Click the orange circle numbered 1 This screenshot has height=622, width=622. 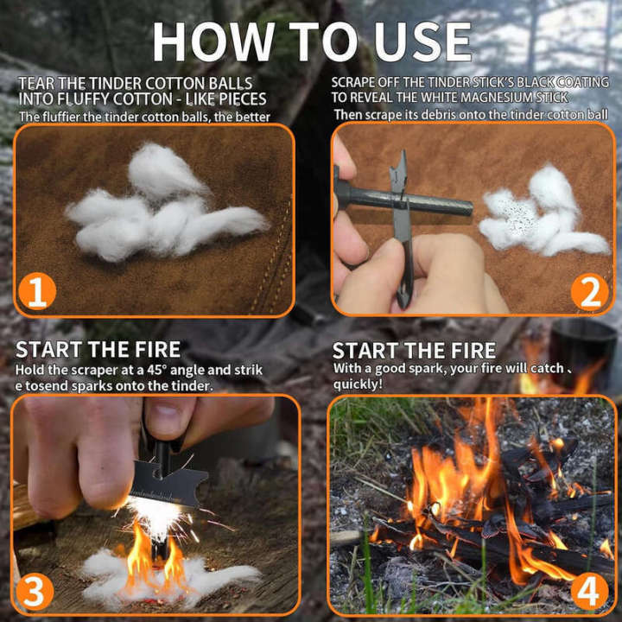(36, 292)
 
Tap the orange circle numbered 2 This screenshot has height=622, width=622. (589, 292)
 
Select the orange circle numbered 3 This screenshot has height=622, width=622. (33, 591)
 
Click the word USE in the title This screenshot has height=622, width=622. (423, 41)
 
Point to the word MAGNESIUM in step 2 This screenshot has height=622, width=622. (498, 98)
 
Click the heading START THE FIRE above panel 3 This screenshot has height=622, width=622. (98, 350)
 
